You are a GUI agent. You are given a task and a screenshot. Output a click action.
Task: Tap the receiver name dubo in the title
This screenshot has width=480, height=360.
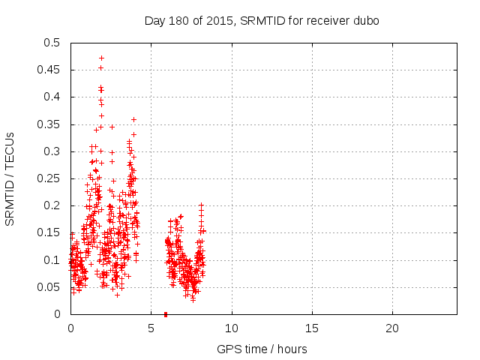coord(366,21)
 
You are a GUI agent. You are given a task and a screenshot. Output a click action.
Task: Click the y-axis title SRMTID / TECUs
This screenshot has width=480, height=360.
coord(10,179)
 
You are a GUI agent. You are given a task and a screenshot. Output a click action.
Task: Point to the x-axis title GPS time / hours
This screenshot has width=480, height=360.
coord(262,349)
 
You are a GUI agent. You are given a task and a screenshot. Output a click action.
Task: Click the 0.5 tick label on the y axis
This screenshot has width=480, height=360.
coord(52,43)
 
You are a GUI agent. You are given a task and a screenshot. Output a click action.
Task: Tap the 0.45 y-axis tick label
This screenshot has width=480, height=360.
coord(49,70)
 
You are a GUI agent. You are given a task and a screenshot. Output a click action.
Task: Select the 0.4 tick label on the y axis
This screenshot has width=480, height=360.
coord(52,97)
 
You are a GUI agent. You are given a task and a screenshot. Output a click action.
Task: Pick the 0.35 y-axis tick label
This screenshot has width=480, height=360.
coord(49,124)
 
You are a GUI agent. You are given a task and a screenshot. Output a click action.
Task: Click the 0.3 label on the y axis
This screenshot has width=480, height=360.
coord(52,151)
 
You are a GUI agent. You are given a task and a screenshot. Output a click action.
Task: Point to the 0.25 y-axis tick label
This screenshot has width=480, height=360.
coord(49,178)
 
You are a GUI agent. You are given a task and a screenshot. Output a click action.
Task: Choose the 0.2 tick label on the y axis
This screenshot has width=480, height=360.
coord(52,205)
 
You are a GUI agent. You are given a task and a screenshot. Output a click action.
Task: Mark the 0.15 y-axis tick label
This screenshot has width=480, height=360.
coord(49,232)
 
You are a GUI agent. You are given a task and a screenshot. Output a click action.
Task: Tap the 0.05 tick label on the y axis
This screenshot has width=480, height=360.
coord(49,287)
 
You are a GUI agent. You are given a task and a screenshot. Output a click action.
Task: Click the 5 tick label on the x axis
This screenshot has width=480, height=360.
coord(151,328)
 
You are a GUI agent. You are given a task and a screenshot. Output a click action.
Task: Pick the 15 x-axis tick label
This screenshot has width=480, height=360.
coord(311,328)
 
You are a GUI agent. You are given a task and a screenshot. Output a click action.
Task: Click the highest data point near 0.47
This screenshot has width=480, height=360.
coord(101,58)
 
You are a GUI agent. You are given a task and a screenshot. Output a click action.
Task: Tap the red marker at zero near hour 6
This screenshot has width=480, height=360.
coord(166,313)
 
